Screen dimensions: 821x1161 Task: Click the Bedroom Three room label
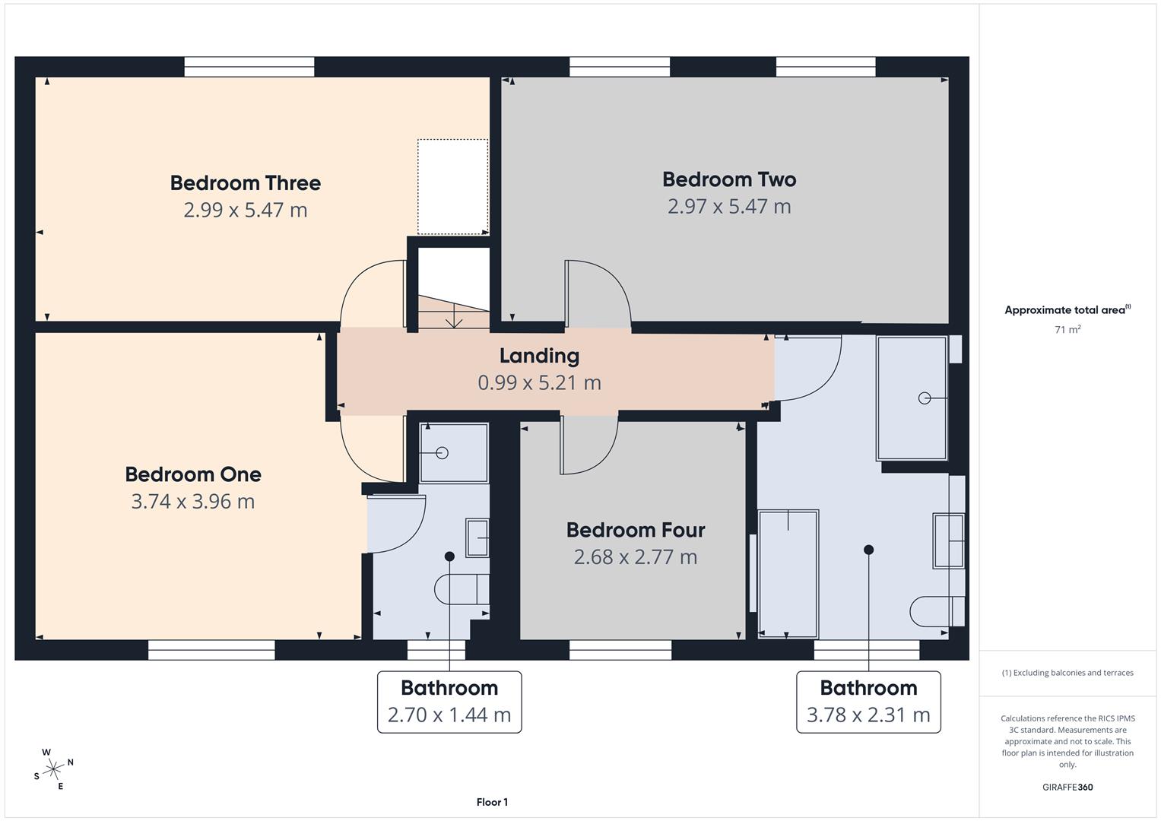tap(245, 183)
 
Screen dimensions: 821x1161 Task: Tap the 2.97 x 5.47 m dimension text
tap(729, 207)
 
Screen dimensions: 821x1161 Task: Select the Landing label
tap(539, 356)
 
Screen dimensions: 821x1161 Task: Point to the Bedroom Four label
tap(636, 530)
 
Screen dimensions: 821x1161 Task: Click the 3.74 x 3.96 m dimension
tap(193, 502)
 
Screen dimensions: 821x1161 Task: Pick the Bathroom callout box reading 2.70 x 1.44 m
tap(449, 702)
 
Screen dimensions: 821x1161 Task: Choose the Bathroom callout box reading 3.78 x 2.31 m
tap(868, 702)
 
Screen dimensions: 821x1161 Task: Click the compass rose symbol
tap(53, 769)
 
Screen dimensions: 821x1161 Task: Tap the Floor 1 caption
tap(492, 802)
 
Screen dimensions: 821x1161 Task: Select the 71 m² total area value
tap(1067, 330)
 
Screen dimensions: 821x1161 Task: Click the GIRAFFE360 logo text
tap(1067, 787)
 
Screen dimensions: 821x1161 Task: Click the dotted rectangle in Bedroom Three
tap(453, 187)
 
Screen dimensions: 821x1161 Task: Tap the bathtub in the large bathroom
tap(788, 573)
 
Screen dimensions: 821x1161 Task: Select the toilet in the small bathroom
tap(462, 589)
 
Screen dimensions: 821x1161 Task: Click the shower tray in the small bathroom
tap(454, 453)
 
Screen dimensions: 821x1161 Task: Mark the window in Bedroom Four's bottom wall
tap(620, 649)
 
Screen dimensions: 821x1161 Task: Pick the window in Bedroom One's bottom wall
tap(211, 649)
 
